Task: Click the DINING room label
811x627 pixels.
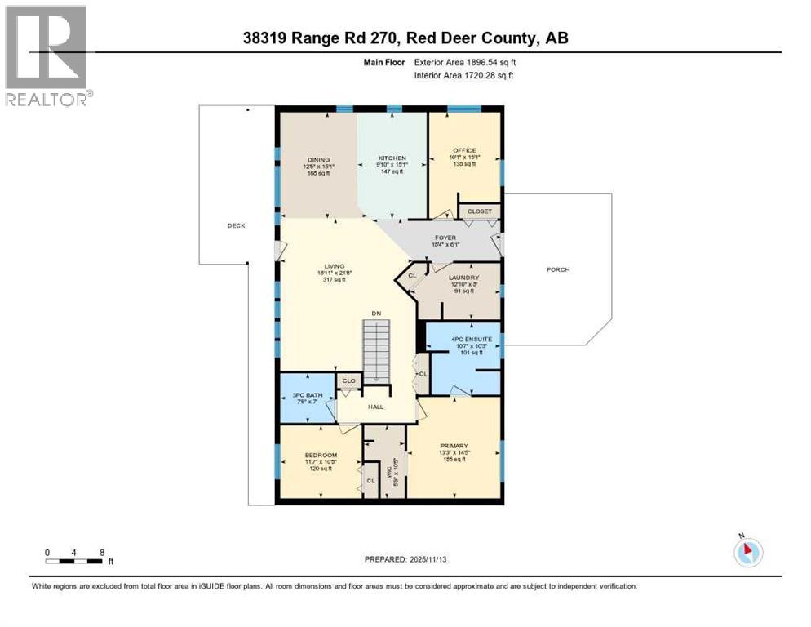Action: (x=317, y=159)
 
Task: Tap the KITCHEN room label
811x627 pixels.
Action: (x=392, y=158)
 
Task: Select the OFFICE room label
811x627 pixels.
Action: (x=464, y=150)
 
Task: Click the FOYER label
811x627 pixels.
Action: (x=445, y=238)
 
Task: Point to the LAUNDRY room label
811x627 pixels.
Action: (x=463, y=278)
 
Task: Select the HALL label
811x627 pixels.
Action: (x=375, y=407)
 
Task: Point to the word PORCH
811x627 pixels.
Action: (x=558, y=269)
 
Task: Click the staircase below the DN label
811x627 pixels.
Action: (x=376, y=352)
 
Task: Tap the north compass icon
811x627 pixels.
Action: (x=747, y=551)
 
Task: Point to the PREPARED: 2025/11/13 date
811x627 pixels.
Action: (x=405, y=559)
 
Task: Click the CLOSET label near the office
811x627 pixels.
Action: (x=480, y=211)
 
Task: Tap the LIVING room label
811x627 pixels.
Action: (x=333, y=266)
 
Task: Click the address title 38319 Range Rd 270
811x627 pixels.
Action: (x=405, y=38)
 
